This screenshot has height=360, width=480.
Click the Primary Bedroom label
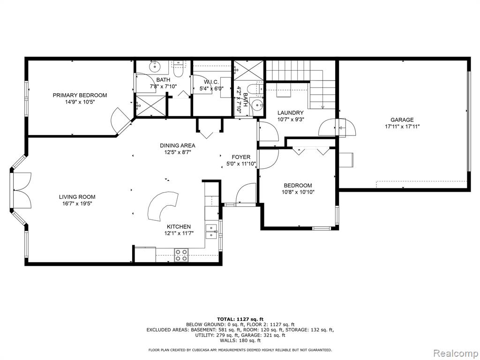click(x=80, y=95)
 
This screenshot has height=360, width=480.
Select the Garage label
click(x=402, y=120)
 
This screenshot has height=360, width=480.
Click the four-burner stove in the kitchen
click(x=181, y=255)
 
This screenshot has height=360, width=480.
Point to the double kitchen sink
click(x=211, y=232)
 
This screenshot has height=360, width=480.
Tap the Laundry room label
click(x=291, y=112)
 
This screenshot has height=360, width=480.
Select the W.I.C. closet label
click(x=211, y=82)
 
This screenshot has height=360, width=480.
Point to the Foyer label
click(x=241, y=157)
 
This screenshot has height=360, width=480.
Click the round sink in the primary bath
click(x=155, y=65)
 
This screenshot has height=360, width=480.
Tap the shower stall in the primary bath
click(x=150, y=105)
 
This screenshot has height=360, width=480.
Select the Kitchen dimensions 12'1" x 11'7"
click(x=179, y=233)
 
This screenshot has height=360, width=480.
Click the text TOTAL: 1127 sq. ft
click(x=240, y=319)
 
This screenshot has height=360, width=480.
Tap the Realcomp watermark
click(x=455, y=353)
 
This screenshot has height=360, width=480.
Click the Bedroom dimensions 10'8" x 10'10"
click(x=298, y=192)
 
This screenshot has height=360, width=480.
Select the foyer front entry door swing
click(x=246, y=193)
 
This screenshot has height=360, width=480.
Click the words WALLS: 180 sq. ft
click(x=240, y=340)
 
